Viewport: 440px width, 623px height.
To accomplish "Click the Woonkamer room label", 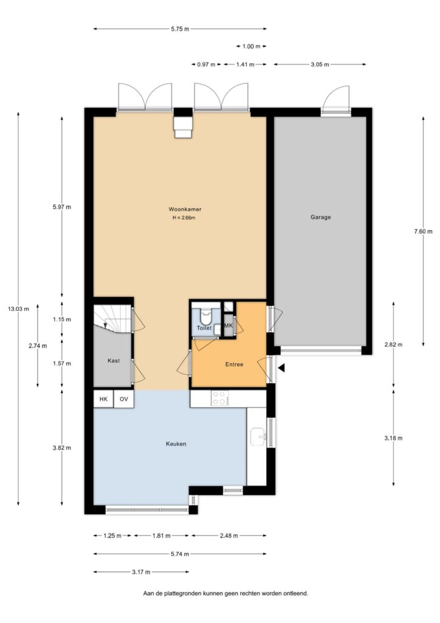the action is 185,209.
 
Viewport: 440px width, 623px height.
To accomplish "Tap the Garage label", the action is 320,217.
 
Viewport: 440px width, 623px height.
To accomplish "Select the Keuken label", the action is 176,444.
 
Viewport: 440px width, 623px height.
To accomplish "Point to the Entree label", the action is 234,364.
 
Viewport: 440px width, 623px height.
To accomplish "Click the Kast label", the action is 114,361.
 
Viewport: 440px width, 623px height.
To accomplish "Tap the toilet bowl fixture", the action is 205,316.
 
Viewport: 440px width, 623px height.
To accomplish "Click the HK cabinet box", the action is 103,399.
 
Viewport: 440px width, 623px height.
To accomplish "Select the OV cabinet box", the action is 124,399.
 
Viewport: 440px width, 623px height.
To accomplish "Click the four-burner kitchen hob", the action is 220,398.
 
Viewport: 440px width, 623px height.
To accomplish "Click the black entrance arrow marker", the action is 281,369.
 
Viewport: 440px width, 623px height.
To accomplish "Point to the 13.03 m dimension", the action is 18,308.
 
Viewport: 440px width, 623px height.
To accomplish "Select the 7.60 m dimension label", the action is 424,232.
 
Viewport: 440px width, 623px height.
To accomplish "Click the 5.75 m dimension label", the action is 180,29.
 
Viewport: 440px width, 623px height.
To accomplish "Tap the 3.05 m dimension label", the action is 320,64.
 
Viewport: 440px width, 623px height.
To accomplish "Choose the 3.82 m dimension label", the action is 62,448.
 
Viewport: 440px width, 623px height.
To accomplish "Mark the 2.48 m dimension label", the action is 229,535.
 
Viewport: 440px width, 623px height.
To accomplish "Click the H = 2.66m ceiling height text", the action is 184,218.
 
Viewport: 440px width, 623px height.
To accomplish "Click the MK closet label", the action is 228,325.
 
